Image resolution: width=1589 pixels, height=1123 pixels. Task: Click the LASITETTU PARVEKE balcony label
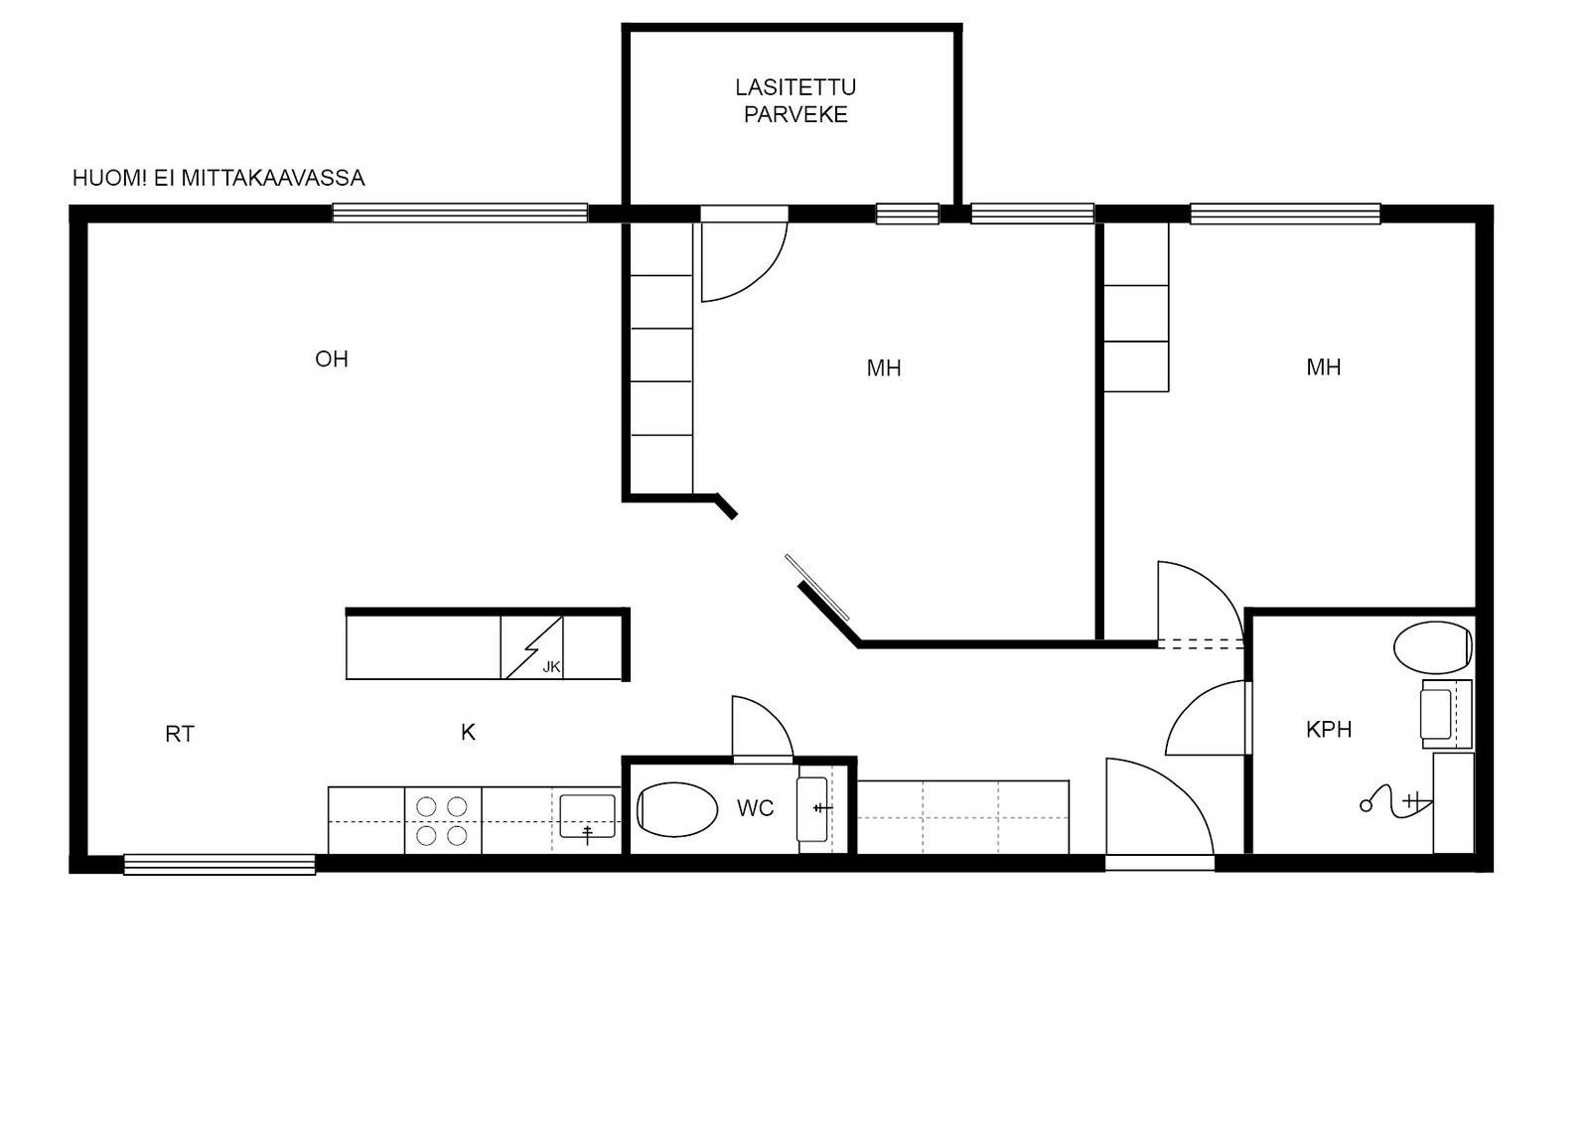[795, 100]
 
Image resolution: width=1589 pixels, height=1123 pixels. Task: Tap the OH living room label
[332, 359]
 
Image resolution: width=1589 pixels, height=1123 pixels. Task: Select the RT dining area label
[180, 734]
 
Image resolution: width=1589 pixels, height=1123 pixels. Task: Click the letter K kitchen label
[468, 732]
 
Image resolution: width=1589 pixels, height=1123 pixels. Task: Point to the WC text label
[755, 808]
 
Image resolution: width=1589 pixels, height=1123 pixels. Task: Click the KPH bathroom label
[1329, 729]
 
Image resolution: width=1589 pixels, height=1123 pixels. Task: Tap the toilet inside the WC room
[677, 809]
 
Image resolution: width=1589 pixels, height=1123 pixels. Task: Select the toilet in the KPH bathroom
[1433, 647]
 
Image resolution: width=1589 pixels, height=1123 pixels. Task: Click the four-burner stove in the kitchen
[443, 820]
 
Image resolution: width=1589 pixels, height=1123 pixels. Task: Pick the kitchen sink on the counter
[587, 816]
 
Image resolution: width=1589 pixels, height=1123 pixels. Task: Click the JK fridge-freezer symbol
[532, 647]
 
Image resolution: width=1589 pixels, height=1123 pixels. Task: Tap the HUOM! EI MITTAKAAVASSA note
[218, 178]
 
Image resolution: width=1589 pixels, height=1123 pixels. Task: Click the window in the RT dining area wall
[219, 864]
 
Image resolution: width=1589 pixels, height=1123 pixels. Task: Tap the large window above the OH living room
[460, 212]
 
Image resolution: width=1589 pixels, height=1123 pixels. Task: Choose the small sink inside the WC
[813, 809]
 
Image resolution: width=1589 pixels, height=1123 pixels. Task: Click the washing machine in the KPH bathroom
[1446, 714]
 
